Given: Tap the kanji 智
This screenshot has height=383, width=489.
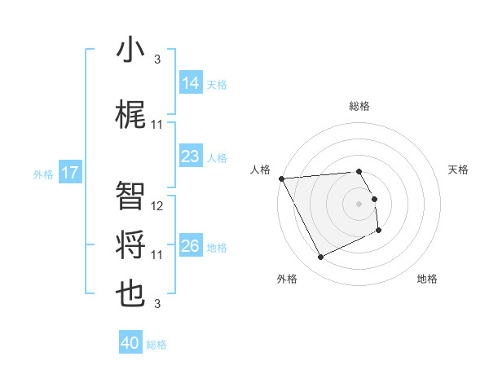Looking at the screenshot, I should tap(130, 196).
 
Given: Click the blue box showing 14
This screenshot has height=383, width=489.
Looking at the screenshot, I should tap(190, 82).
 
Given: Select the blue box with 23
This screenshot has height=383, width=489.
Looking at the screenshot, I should tap(190, 156).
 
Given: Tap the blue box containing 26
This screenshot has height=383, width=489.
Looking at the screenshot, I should tap(190, 246).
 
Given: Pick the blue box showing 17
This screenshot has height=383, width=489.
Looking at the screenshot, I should tap(70, 173).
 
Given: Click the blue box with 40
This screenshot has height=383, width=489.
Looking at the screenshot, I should tap(130, 343).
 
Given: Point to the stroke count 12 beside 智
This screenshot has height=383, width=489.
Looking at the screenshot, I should tap(157, 207).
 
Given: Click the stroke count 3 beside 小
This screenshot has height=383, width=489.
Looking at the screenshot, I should tap(157, 59).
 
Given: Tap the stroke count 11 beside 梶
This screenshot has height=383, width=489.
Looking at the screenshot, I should tap(157, 125).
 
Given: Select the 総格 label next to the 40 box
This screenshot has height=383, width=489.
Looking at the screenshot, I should tap(156, 345).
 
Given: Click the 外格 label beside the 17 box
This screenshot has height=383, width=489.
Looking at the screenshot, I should tap(43, 174).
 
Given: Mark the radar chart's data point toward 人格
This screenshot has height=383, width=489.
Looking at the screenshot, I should tap(280, 178).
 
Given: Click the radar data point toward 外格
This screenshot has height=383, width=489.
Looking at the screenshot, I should tap(320, 258).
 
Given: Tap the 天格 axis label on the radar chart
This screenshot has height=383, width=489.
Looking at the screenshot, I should tap(459, 169).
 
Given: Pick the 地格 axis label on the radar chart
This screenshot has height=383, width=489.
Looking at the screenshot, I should tap(427, 279).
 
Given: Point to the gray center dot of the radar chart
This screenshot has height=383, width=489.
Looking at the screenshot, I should tap(359, 203).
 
